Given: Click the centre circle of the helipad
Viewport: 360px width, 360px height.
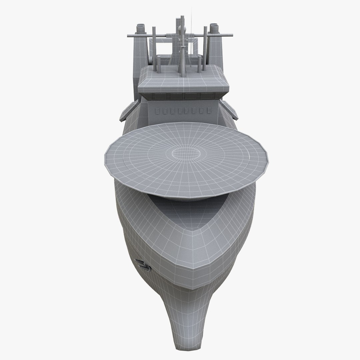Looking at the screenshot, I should coord(186,154).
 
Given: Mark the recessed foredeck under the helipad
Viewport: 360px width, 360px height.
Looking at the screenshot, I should coord(187,210).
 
